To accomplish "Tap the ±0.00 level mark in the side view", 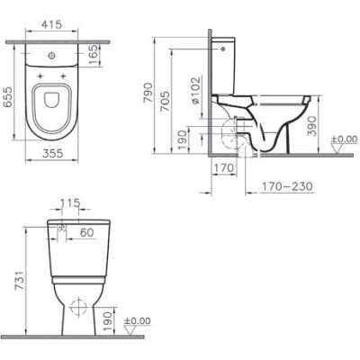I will point(342,139).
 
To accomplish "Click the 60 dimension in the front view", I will point(88,233).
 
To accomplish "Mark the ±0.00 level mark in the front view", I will point(137,321).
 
